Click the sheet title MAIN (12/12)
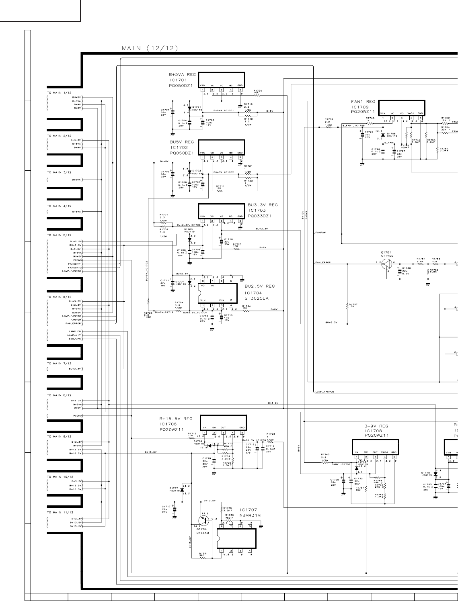150,49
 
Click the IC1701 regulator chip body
222,80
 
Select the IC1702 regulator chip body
222,146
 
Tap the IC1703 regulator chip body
221,211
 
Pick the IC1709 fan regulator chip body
402,107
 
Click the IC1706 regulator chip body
223,422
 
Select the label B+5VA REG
182,75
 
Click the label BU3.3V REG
263,205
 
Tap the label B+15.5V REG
176,419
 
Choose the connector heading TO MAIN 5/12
59,235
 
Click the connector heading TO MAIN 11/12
60,513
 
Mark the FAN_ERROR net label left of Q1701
323,262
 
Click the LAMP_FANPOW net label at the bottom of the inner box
325,391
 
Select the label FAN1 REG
363,102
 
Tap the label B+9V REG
376,426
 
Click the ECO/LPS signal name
74,339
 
